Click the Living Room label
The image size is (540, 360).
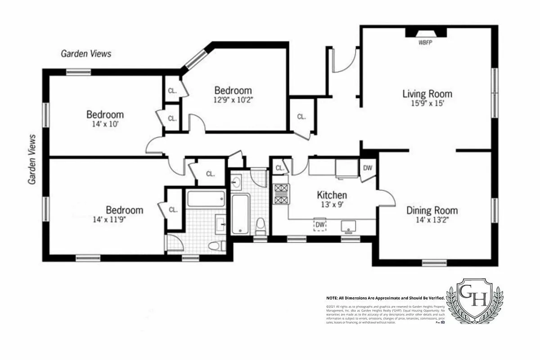point(427,94)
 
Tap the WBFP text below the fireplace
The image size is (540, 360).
point(425,43)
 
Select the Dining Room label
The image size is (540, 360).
point(432,210)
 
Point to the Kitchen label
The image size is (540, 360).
point(332,195)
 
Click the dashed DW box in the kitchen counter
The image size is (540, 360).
point(320,225)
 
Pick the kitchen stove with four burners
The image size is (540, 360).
point(280,194)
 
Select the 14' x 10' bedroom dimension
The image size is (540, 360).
point(105,124)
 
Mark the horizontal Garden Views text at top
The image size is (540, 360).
point(86,54)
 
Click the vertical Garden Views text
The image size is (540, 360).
point(32,159)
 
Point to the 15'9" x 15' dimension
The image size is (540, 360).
point(427,103)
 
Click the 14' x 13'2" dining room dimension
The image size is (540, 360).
point(432,220)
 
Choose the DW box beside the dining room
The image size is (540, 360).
point(367,168)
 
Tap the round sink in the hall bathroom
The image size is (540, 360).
point(237,182)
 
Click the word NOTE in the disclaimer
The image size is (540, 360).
point(333,298)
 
